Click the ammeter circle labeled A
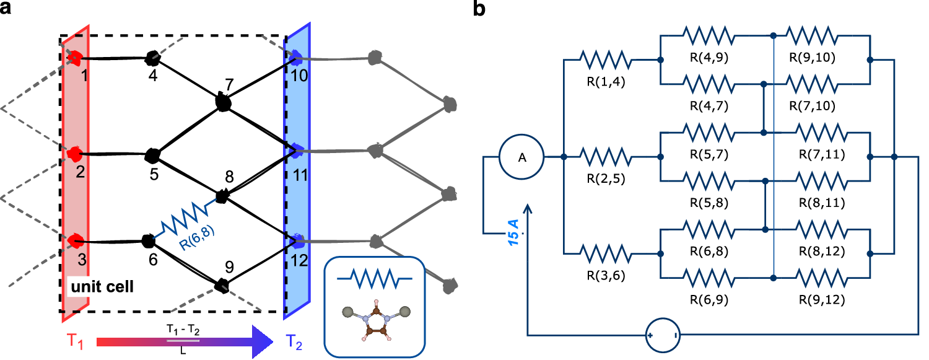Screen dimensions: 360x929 (521, 157)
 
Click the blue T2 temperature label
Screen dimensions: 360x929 (296, 341)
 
